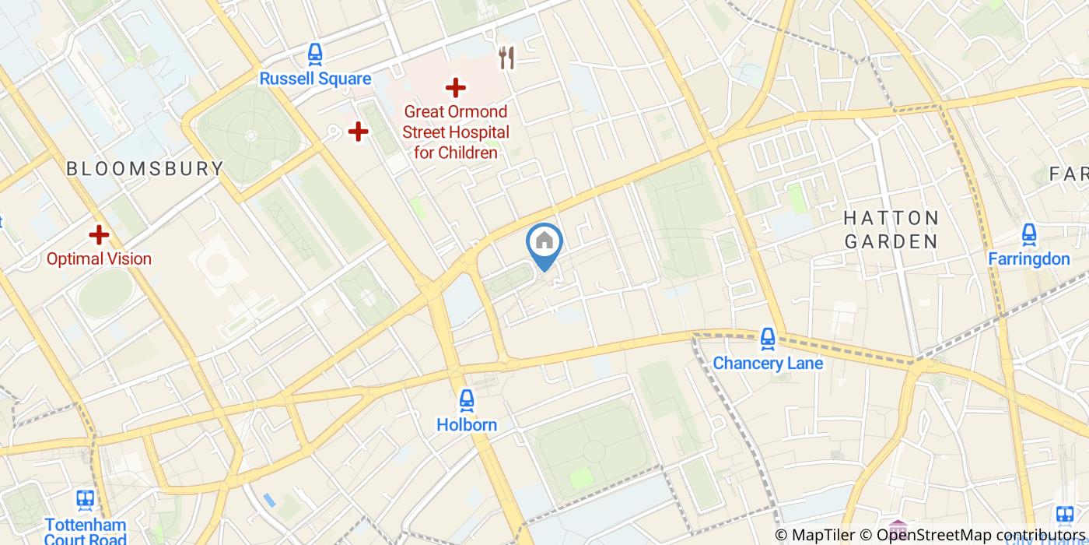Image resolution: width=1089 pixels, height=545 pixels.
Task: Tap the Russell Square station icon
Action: click(x=315, y=54)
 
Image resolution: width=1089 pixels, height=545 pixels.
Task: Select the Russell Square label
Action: click(x=315, y=79)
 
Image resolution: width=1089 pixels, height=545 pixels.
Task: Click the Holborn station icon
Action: click(x=467, y=400)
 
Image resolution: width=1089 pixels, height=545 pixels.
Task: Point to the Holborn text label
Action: click(x=467, y=425)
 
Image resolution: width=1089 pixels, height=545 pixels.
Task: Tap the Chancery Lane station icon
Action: click(x=768, y=338)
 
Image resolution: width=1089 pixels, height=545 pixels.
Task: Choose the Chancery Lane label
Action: click(x=768, y=363)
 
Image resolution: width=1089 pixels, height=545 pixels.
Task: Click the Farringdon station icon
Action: click(x=1029, y=234)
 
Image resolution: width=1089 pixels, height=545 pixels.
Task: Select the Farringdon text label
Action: click(x=1029, y=258)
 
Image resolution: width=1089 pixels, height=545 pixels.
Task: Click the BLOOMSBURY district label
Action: click(x=145, y=168)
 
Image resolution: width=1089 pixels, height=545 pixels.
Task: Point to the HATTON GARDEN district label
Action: click(x=891, y=230)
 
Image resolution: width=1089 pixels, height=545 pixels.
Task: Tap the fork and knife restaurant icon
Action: click(x=507, y=57)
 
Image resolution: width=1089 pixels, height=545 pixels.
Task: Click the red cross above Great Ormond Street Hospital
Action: click(x=456, y=88)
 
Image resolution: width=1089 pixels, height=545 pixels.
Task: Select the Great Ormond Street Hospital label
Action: click(x=456, y=132)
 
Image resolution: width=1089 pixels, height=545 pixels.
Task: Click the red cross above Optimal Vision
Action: click(x=99, y=234)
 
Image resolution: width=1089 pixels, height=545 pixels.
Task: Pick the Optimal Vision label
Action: click(x=99, y=258)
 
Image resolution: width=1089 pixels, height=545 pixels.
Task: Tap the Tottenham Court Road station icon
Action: click(x=86, y=500)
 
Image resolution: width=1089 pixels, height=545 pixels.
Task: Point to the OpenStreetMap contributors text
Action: click(x=982, y=535)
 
